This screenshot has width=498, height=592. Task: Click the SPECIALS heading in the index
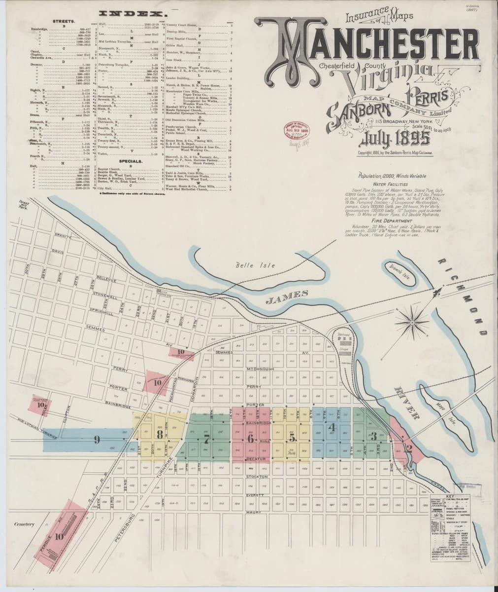(131, 161)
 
